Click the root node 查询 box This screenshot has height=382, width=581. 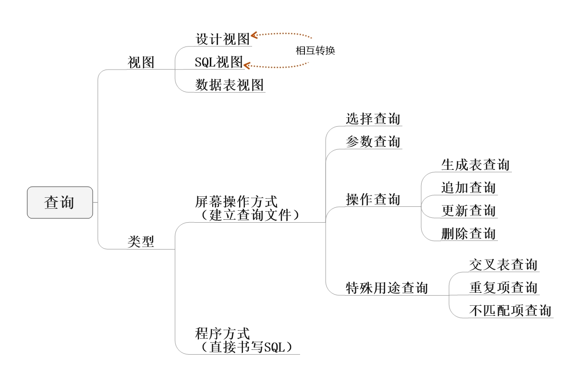click(x=60, y=203)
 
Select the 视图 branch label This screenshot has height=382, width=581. click(x=141, y=62)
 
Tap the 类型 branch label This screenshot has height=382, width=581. click(x=141, y=241)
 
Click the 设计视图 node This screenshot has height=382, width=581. click(x=223, y=38)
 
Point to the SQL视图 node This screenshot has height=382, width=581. click(x=219, y=62)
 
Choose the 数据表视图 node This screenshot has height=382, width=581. click(x=230, y=85)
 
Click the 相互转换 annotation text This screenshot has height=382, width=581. click(x=315, y=50)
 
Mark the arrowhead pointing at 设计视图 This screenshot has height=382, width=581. click(x=254, y=35)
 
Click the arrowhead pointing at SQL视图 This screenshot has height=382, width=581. click(x=247, y=65)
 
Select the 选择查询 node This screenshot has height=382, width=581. click(x=373, y=119)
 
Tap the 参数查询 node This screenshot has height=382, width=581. click(x=373, y=142)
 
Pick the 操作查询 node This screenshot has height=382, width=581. click(x=373, y=199)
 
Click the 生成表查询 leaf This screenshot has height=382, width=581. click(x=475, y=165)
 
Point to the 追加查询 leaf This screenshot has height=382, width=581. click(x=468, y=188)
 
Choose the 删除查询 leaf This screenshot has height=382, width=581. click(x=468, y=234)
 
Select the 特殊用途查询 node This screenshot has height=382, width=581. click(x=387, y=288)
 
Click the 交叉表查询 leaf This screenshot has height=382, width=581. click(x=503, y=264)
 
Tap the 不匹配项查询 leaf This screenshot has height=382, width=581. click(x=510, y=310)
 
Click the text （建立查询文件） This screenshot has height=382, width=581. click(x=248, y=215)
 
